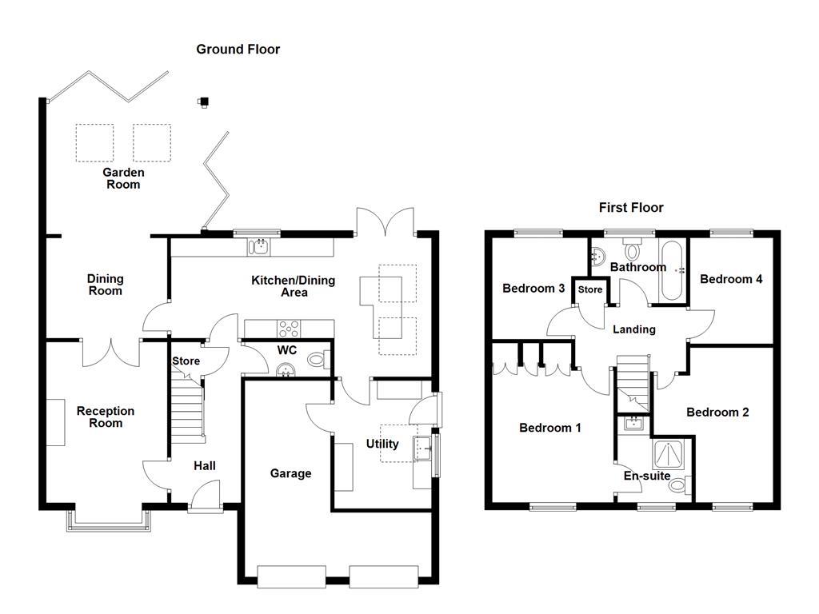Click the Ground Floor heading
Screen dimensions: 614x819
(x=238, y=50)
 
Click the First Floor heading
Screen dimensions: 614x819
(x=631, y=208)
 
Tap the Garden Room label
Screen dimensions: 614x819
(x=123, y=178)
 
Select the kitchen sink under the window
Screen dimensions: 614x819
(x=260, y=247)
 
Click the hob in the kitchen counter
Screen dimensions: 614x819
(x=288, y=328)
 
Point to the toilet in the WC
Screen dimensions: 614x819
(x=318, y=361)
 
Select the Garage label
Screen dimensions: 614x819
(x=290, y=473)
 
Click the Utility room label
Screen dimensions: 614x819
(x=382, y=444)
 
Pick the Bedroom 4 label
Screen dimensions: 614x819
(x=731, y=279)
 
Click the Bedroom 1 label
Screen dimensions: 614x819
(x=550, y=428)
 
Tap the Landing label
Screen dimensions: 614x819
(x=634, y=329)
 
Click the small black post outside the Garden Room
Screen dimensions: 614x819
(x=204, y=102)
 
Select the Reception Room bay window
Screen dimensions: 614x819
(x=109, y=521)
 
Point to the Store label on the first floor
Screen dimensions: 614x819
(x=590, y=289)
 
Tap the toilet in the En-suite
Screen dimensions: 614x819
(x=678, y=484)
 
